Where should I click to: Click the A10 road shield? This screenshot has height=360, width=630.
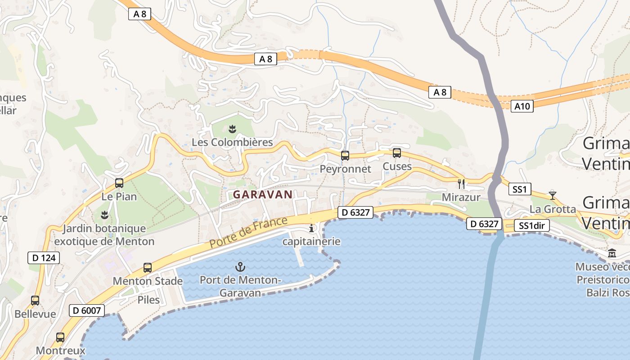pos(522,106)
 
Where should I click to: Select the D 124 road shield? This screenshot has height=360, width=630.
pos(44,258)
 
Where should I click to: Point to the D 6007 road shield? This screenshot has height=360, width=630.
pos(87,310)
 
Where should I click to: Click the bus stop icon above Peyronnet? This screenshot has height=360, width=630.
pos(345,156)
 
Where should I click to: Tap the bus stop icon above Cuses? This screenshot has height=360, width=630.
pos(397,153)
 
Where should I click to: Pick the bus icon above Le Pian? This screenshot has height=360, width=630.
pos(119,183)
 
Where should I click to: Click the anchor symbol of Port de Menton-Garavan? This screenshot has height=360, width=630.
pos(241,267)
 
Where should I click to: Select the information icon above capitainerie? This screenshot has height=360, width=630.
pos(311,229)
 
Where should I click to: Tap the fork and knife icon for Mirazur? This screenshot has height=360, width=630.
pos(461,184)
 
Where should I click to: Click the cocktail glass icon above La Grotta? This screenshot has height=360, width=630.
pos(553,195)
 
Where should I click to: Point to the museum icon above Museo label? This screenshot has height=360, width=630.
pos(612,253)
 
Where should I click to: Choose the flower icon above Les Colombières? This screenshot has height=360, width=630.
pos(232,130)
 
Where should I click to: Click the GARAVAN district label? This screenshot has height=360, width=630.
pos(263,194)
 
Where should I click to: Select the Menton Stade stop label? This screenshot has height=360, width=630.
pos(148,281)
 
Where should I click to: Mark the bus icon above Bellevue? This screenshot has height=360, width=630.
pos(35,300)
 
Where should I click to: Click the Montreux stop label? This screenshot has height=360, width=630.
pos(60,350)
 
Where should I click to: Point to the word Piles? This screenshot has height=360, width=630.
pos(148,300)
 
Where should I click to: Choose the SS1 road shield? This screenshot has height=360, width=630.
pos(519,189)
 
